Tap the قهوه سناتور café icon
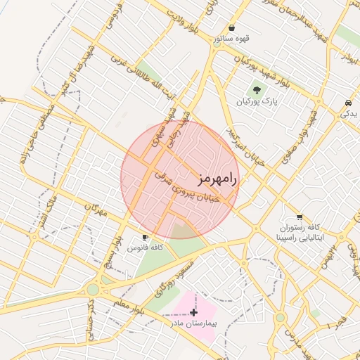(x=232, y=28)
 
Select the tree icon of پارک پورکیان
(x=257, y=90)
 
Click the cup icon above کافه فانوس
(x=146, y=237)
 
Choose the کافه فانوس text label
(x=146, y=248)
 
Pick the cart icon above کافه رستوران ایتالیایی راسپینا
(x=300, y=217)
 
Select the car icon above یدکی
(x=349, y=103)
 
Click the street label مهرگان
(x=96, y=210)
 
